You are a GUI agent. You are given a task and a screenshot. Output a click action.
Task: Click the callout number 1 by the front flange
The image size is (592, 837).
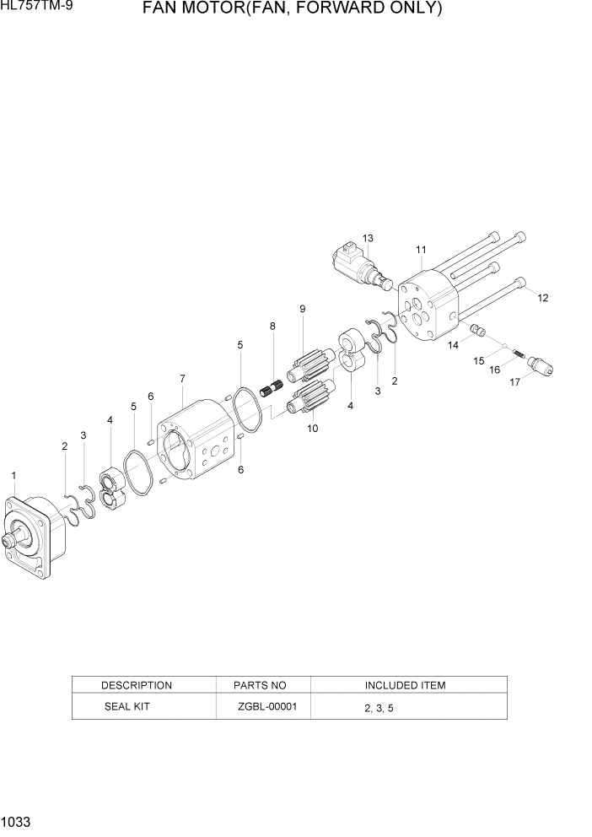point(13,477)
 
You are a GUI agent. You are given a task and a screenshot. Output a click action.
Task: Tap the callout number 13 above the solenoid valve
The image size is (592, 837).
point(368,238)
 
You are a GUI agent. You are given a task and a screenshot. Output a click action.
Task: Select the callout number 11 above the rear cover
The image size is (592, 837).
point(421,249)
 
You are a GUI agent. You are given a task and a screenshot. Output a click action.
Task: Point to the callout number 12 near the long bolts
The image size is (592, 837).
point(542,298)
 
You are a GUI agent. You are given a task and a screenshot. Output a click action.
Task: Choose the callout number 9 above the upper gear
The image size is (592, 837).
point(302,309)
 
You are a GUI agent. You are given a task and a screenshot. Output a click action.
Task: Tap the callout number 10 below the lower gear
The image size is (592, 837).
point(313,428)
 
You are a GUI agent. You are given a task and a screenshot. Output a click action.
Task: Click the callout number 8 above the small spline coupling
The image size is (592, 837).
point(272,326)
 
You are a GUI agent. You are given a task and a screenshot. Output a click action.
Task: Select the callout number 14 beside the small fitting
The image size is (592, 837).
point(454,344)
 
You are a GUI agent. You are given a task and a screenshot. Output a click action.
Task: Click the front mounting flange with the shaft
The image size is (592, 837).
point(34,536)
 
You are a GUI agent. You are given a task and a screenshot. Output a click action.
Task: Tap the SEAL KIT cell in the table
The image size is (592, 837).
point(126,706)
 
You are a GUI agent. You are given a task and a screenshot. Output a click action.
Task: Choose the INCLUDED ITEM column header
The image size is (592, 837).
point(405,685)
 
